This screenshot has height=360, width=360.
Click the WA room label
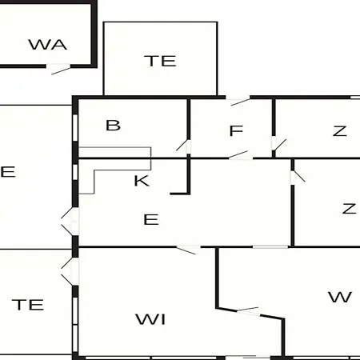[48, 45]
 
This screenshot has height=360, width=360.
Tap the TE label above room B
[160, 61]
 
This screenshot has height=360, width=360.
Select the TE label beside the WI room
[28, 305]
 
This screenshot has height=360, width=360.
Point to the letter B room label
[113, 125]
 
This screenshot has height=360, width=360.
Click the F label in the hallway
[236, 130]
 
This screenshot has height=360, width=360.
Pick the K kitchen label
[142, 181]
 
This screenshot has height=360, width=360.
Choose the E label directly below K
[151, 219]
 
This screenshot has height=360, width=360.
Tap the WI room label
[150, 319]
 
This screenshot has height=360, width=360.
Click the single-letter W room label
[340, 297]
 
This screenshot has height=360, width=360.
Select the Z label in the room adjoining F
[340, 131]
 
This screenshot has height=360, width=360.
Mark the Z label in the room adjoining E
[349, 209]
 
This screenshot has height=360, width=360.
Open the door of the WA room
[58, 69]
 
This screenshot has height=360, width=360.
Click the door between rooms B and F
[184, 146]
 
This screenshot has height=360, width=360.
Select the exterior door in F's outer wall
[238, 101]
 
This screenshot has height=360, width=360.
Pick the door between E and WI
[188, 250]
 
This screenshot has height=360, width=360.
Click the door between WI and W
[248, 311]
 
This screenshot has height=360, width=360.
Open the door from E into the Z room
[298, 177]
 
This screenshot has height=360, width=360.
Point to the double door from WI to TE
[70, 271]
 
